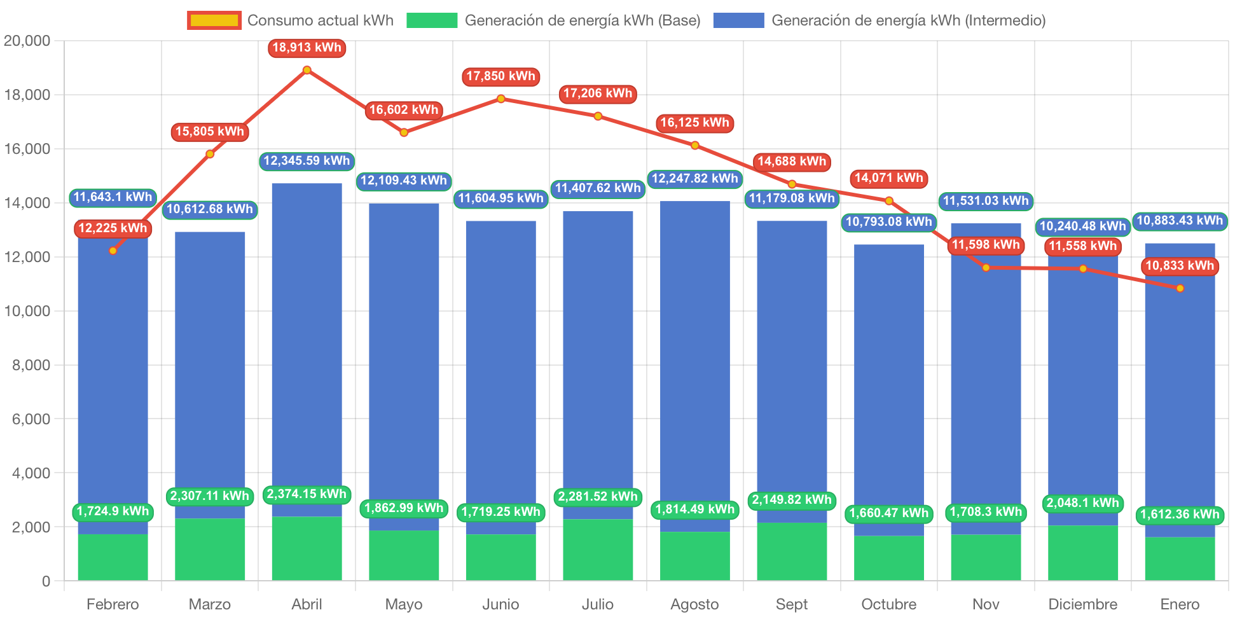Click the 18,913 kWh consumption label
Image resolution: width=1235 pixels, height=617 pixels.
(307, 48)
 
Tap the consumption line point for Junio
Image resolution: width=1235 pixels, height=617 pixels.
(501, 99)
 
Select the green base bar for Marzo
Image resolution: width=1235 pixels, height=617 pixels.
(210, 548)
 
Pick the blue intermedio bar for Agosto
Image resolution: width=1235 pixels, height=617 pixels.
(694, 356)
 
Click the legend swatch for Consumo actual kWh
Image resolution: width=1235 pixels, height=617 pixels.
(214, 20)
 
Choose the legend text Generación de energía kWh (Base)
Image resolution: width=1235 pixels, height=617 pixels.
(582, 20)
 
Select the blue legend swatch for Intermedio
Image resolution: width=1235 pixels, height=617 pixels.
(738, 20)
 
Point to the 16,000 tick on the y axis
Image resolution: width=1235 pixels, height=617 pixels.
(27, 149)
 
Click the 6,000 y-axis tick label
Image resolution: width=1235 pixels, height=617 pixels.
(31, 419)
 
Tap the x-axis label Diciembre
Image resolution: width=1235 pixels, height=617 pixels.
(1082, 604)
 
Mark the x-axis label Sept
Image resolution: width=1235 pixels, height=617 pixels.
(791, 604)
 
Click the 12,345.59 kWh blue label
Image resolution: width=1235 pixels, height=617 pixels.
(307, 161)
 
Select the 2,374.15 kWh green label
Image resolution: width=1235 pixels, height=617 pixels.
(307, 494)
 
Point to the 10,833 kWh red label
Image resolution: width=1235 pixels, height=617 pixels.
(1180, 266)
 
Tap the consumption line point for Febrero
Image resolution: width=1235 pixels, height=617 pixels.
(113, 251)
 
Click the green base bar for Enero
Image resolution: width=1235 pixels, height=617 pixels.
(1180, 558)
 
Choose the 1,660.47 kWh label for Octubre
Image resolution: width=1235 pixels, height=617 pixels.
(888, 513)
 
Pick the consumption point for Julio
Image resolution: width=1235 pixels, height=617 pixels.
(598, 116)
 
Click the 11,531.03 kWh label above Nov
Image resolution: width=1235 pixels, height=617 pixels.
(985, 201)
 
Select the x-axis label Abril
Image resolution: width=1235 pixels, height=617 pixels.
(307, 604)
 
